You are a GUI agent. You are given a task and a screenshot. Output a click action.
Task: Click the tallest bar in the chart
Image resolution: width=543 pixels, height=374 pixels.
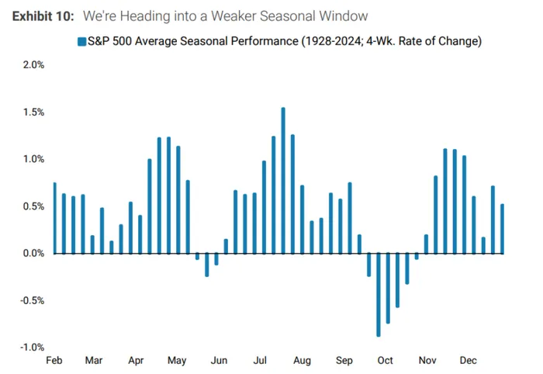(x=283, y=180)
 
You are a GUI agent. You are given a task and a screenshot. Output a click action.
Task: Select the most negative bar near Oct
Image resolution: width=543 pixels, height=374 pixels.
(x=379, y=294)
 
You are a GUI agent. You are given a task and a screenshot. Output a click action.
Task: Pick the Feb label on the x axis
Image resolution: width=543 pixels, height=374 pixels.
(x=54, y=361)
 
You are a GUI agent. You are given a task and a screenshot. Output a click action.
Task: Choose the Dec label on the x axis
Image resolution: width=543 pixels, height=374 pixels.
(x=469, y=361)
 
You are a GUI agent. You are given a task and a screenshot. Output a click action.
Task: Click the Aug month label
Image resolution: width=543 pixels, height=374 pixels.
(x=302, y=361)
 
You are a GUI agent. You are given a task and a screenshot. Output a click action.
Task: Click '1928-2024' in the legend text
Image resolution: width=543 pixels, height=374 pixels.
(x=327, y=41)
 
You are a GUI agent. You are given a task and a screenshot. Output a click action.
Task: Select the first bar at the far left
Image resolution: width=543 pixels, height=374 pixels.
(x=54, y=218)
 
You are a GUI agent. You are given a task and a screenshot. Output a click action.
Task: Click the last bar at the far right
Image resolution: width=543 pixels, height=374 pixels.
(x=502, y=229)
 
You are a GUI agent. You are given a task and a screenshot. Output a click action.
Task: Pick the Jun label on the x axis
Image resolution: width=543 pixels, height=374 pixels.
(x=220, y=361)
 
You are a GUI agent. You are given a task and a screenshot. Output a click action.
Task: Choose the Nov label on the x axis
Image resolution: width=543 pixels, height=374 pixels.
(x=427, y=361)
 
